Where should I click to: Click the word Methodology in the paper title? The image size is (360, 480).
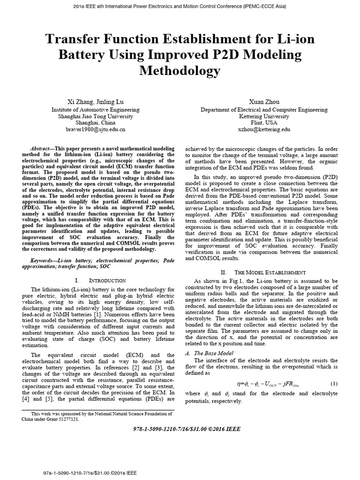tap(180, 71)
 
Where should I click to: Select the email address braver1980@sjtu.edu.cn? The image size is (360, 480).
tap(90, 128)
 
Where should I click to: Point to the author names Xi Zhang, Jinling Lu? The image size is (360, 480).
tap(90, 101)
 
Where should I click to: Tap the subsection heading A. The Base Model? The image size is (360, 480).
tap(214, 353)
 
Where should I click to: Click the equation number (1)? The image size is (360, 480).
tap(334, 384)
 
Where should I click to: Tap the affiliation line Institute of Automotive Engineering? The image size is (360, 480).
tap(90, 110)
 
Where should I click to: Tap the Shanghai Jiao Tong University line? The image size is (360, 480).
tap(90, 116)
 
